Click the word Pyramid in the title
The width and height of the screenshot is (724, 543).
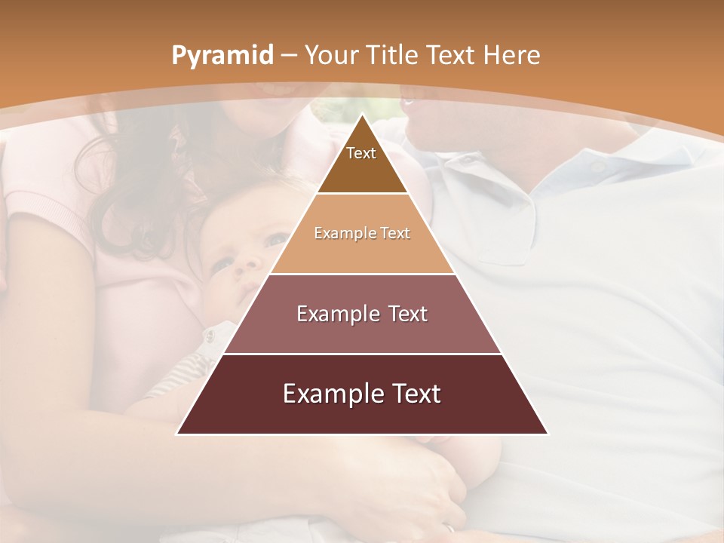click(x=222, y=56)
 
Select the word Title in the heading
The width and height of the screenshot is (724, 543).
click(x=393, y=55)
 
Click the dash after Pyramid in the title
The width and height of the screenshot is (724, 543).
click(x=289, y=56)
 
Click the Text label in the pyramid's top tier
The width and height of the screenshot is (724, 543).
click(x=361, y=153)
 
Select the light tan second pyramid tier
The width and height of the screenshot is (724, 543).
click(x=362, y=253)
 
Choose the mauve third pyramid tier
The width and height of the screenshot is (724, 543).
click(x=362, y=332)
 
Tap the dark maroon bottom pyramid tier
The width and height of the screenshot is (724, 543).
click(x=362, y=415)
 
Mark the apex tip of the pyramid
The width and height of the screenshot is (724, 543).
click(x=362, y=115)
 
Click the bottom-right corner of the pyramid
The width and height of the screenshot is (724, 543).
click(x=548, y=434)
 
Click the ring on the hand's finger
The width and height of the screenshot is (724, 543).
click(x=450, y=529)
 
